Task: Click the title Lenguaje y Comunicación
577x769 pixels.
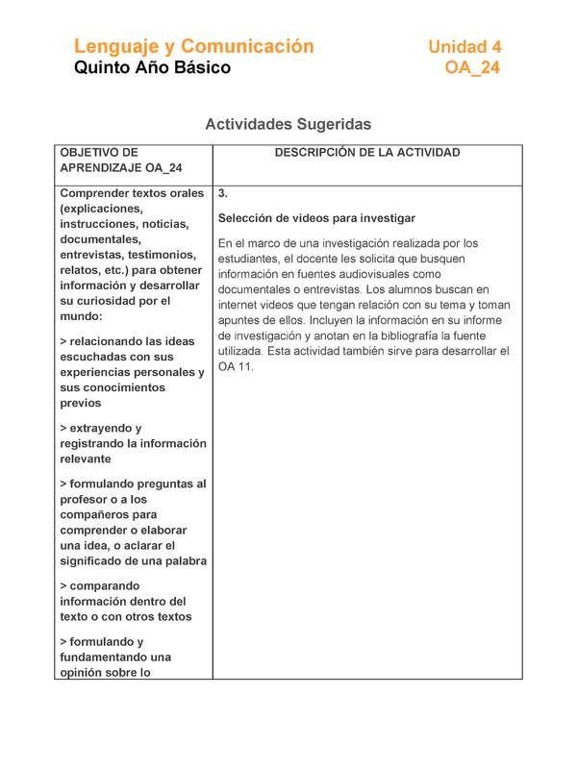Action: coord(194,46)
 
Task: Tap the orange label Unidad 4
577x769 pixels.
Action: coord(464,46)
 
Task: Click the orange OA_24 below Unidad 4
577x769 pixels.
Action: coord(472,68)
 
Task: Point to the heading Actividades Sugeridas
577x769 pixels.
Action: coord(288,124)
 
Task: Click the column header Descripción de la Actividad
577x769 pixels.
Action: coord(367,153)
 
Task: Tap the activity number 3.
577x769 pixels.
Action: coord(223,193)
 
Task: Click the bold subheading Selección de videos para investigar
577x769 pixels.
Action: coord(316,218)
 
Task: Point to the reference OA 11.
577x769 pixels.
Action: coord(237,367)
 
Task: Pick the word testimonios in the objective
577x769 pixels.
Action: coord(167,255)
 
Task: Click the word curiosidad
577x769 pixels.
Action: coord(117,301)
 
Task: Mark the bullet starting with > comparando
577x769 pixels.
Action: coord(100,585)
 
